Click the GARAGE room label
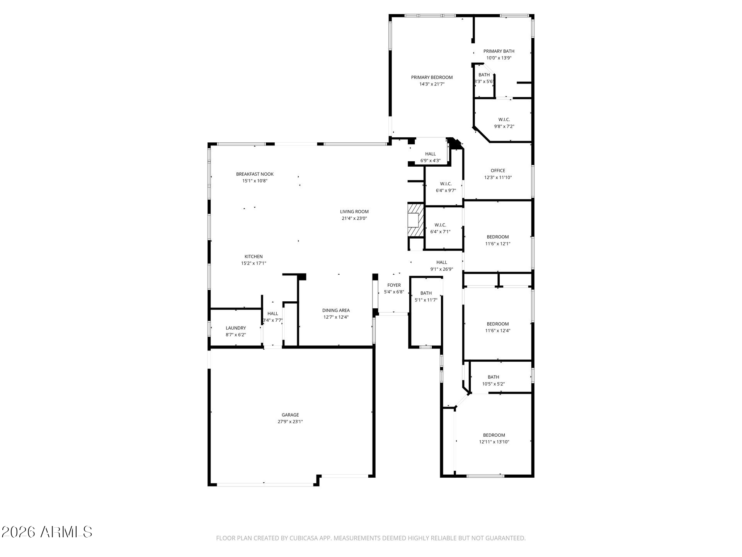[290, 415]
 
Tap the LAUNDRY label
[236, 328]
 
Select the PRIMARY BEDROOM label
[432, 77]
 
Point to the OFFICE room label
[498, 171]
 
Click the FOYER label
[394, 285]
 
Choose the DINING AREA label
[336, 310]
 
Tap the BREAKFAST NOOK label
[255, 174]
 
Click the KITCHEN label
[254, 256]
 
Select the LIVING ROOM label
[354, 212]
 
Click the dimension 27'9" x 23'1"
[290, 422]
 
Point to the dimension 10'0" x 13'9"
[499, 58]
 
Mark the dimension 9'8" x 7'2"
[504, 126]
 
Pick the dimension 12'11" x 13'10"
[494, 442]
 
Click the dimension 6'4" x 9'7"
[446, 190]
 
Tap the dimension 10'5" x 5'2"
[493, 384]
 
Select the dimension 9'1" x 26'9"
[442, 269]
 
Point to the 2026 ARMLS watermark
[47, 532]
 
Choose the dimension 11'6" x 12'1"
[498, 244]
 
